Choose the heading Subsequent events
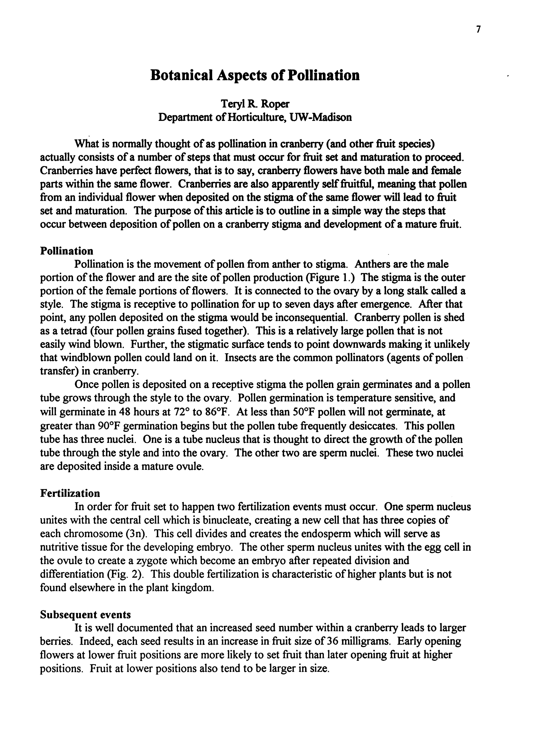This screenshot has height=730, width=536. click(x=85, y=615)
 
